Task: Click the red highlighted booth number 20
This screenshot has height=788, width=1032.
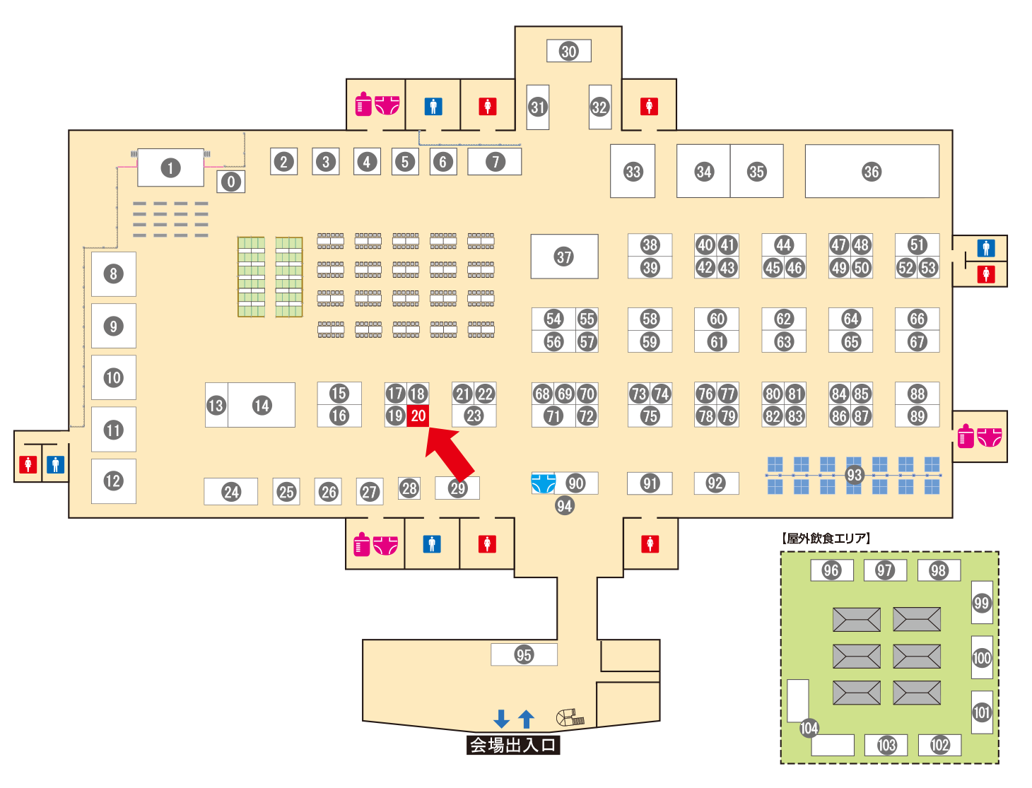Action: pos(418,416)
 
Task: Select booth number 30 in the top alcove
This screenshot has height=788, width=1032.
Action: pos(569,51)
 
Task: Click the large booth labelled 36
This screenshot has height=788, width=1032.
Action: pos(872,171)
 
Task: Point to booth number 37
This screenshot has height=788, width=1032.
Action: pos(564,257)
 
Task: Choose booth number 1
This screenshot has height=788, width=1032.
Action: pos(170,168)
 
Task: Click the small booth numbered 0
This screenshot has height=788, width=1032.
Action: pos(230,182)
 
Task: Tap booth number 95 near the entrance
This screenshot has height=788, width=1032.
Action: pos(524,654)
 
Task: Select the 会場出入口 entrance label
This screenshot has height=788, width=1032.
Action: pos(513,745)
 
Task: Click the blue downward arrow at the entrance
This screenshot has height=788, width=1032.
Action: pos(502,719)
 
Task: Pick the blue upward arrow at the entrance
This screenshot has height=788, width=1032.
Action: pos(526,719)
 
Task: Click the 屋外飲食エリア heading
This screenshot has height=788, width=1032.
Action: pos(826,539)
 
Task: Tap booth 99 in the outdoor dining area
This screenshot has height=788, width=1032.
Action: pos(982,603)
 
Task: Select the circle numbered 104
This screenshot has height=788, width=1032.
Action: pos(809,728)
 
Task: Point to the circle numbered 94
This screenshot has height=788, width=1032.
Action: pos(564,505)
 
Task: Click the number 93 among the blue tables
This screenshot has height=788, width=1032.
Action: pos(855,475)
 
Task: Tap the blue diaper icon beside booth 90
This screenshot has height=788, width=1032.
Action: pos(543,483)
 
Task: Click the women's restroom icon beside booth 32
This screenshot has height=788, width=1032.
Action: pos(649,107)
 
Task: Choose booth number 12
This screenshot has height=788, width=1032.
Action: pos(113,481)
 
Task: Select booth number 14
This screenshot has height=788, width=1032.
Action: pos(262,405)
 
